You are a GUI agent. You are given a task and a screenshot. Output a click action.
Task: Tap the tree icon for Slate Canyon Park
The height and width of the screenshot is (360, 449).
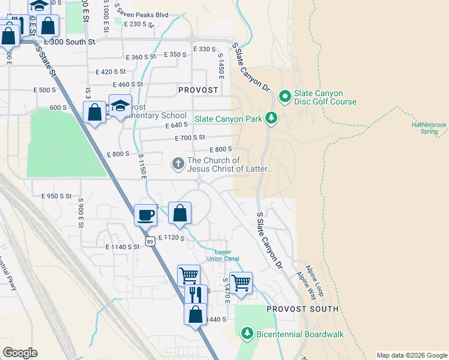pos(272,118)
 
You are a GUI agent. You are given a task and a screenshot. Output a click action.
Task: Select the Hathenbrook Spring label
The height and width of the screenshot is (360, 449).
pos(429,128)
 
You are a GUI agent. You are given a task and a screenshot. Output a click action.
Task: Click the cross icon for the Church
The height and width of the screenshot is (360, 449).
pos(178,163)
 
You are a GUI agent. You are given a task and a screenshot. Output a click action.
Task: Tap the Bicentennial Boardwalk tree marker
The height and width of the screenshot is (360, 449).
pos(247,333)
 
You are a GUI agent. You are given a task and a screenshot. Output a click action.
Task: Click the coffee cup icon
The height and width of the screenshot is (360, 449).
pos(145,214)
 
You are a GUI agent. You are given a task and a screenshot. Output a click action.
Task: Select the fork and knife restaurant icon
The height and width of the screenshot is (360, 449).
pos(195,294)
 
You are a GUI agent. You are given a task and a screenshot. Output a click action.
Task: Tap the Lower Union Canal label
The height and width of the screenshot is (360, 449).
pos(223,255)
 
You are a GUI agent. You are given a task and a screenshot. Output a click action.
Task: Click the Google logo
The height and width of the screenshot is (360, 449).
pos(20,353)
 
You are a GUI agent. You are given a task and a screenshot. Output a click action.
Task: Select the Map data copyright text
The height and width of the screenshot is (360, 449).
pos(411,355)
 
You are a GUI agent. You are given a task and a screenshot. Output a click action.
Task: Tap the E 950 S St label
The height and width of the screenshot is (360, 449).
pos(56,196)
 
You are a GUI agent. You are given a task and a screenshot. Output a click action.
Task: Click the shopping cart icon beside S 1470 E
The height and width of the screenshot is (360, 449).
pos(241,281)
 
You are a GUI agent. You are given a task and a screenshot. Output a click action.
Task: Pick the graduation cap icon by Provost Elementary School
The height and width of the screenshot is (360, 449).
pos(120,104)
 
